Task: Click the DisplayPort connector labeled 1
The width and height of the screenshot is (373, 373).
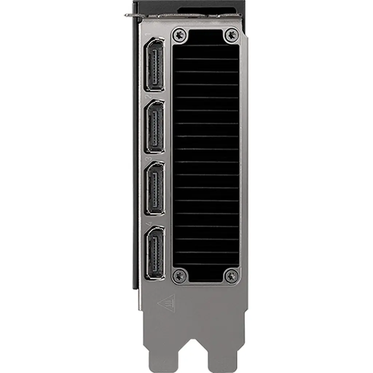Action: coord(155,64)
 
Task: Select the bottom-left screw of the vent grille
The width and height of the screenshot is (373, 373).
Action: coord(179,275)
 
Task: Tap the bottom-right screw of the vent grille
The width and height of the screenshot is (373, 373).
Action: coord(231,276)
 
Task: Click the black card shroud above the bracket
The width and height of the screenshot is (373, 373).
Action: coord(189,7)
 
